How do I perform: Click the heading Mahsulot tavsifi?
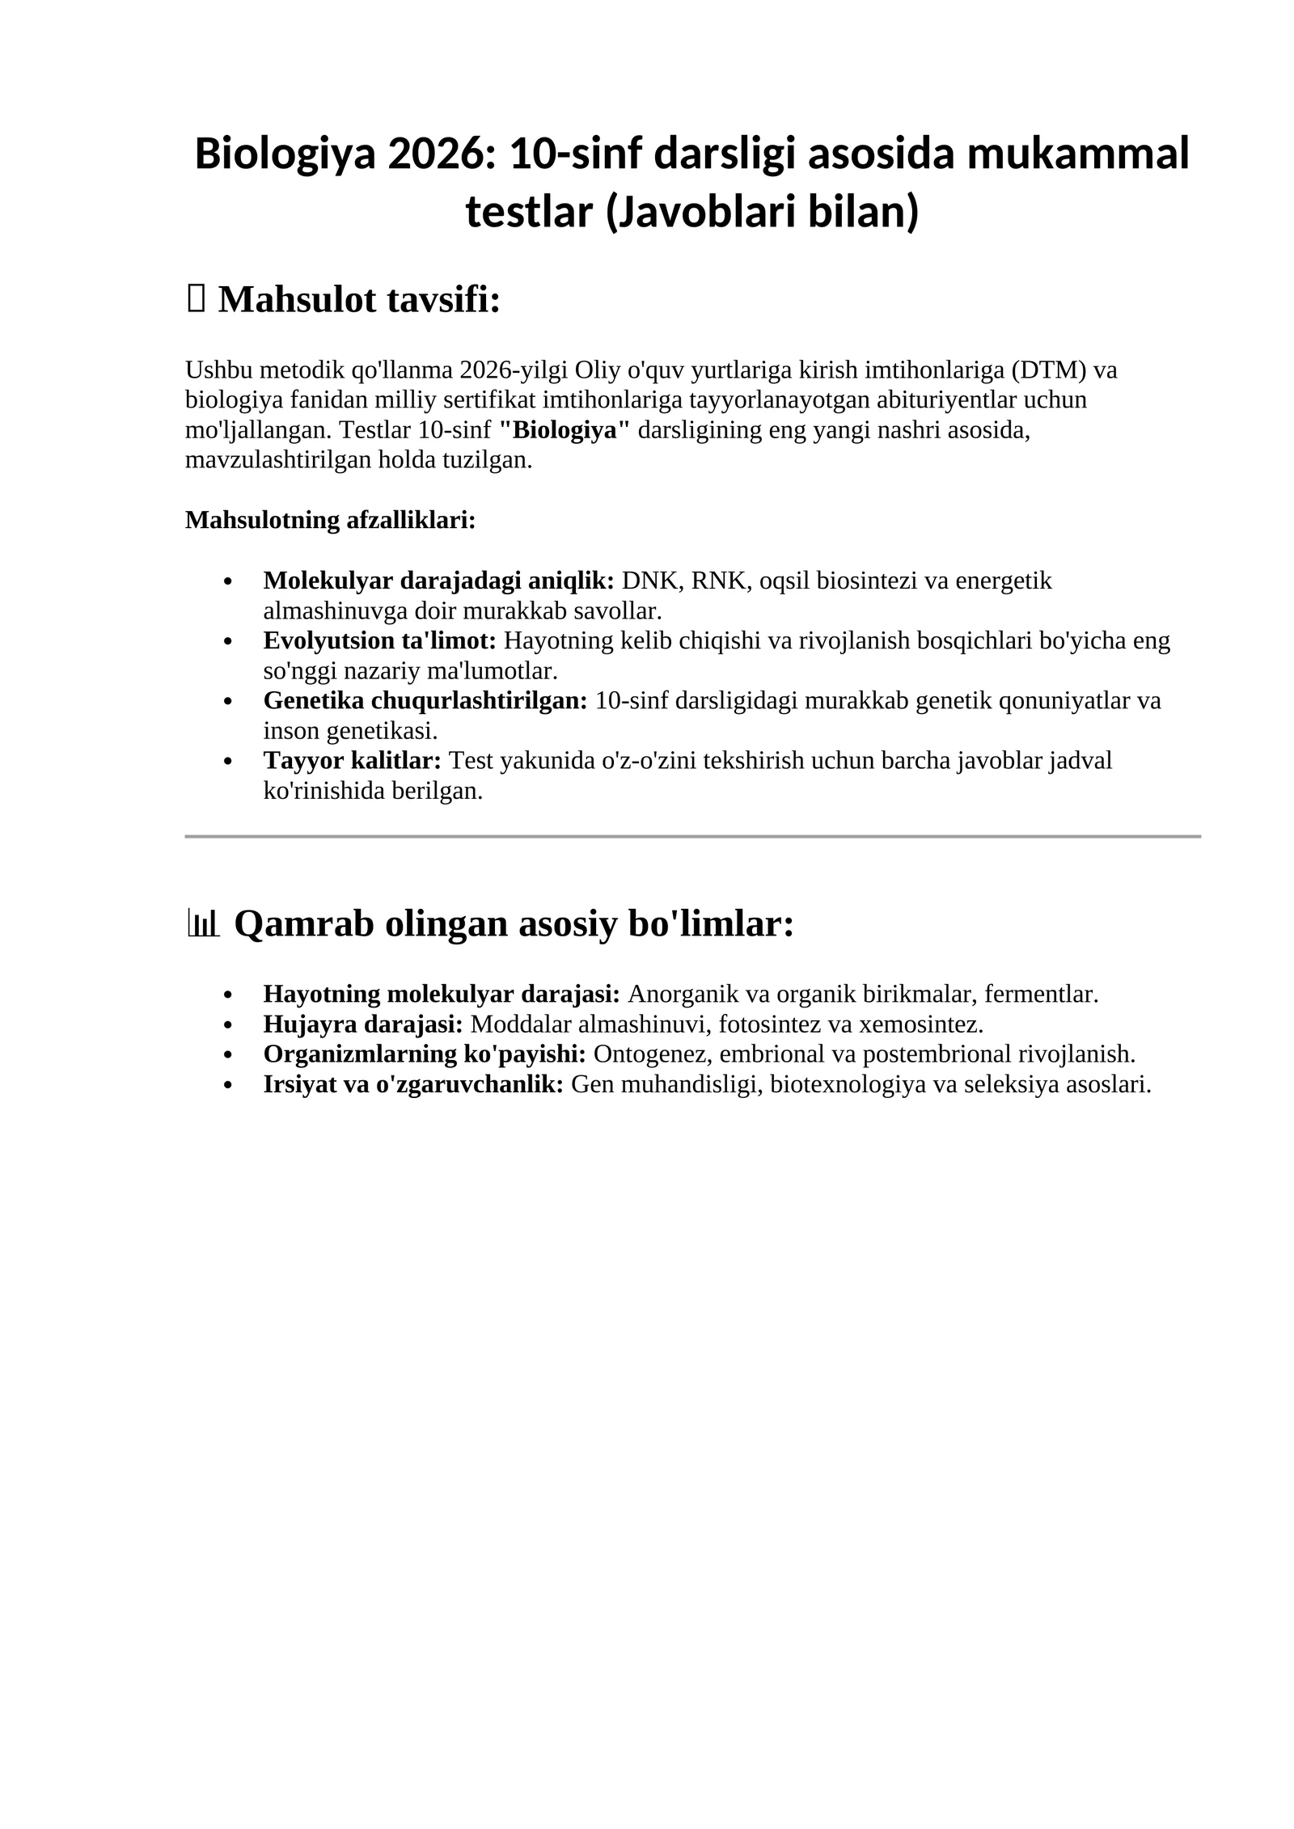359,300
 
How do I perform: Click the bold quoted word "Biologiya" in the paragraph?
564,430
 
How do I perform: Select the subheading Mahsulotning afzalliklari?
330,520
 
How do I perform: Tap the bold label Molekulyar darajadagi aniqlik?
438,581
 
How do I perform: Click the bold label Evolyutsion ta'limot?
379,640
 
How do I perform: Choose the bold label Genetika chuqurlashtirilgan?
425,700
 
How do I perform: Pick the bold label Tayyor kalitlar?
352,760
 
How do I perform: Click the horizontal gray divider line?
692,836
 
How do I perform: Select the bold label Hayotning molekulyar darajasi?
442,994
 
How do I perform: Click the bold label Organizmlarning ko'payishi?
425,1054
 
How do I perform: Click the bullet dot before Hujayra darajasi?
228,1025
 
